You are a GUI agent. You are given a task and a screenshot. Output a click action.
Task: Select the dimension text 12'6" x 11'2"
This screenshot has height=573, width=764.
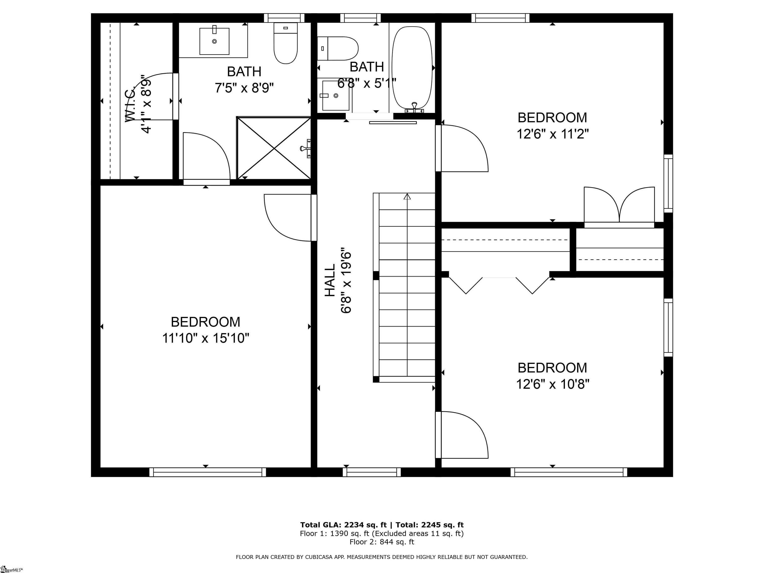pyautogui.click(x=552, y=134)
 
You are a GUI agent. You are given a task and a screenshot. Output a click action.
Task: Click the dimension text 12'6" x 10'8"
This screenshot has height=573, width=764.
pyautogui.click(x=552, y=384)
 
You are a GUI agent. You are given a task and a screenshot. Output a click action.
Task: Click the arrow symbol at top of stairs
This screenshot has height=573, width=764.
pyautogui.click(x=407, y=196)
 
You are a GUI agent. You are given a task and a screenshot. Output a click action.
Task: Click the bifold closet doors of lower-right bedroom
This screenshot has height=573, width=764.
pyautogui.click(x=499, y=285)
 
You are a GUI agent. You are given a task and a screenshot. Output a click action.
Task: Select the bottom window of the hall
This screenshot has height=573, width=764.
pyautogui.click(x=374, y=472)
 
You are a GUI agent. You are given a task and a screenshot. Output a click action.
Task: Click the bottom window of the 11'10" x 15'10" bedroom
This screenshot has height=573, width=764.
pyautogui.click(x=208, y=472)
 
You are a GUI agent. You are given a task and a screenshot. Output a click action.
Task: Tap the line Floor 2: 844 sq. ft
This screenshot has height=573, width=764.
pyautogui.click(x=382, y=542)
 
